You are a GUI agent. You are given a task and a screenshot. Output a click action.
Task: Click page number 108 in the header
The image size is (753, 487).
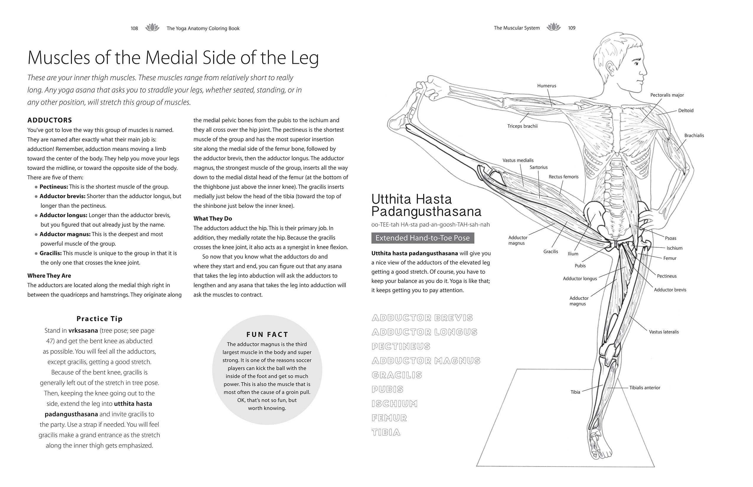(x=134, y=28)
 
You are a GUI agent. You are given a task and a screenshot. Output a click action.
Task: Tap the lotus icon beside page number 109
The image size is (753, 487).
(x=553, y=27)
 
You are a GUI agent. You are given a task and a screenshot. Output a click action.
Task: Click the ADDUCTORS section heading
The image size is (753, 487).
(x=50, y=120)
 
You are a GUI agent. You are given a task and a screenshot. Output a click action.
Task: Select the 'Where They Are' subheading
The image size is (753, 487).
(x=49, y=275)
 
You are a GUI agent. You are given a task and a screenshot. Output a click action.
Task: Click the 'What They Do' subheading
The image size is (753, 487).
(x=213, y=218)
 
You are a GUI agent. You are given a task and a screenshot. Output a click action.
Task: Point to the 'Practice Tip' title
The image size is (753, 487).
(x=99, y=319)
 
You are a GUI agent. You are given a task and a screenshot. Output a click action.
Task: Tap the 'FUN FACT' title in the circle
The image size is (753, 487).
(x=267, y=335)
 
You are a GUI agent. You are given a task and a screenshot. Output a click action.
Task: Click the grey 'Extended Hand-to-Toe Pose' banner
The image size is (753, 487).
(x=422, y=238)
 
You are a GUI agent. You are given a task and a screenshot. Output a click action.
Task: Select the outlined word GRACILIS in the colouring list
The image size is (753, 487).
(x=397, y=375)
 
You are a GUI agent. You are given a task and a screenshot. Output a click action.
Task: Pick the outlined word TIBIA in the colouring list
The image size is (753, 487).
(x=386, y=432)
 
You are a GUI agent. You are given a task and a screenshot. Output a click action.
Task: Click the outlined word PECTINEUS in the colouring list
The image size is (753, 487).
(x=401, y=346)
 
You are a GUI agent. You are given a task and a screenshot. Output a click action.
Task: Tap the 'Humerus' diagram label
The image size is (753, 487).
(x=546, y=86)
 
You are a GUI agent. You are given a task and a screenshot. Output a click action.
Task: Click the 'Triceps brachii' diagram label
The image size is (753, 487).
(x=522, y=126)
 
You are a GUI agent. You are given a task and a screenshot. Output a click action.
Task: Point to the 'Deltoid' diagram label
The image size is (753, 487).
(x=686, y=111)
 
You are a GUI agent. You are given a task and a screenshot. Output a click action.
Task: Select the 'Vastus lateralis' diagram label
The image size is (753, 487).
(x=664, y=332)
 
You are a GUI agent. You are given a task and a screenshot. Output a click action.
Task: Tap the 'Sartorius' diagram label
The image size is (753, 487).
(x=539, y=167)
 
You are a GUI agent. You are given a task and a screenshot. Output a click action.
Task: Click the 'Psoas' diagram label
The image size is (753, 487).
(x=670, y=238)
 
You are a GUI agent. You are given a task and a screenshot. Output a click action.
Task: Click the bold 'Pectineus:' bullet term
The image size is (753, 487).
(x=53, y=187)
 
